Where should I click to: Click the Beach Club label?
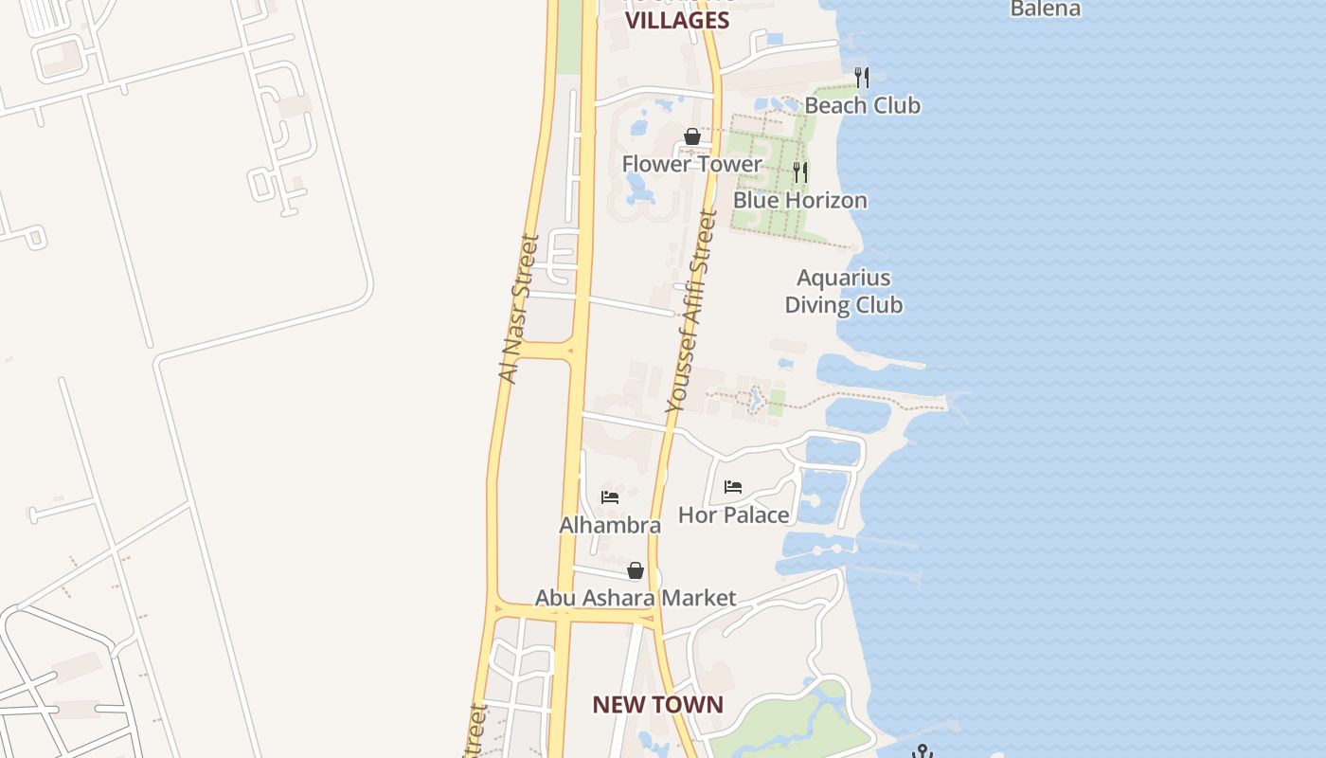pyautogui.click(x=862, y=105)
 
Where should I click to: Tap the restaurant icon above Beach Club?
pyautogui.click(x=861, y=76)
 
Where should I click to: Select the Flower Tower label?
pyautogui.click(x=691, y=164)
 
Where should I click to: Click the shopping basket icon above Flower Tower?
pyautogui.click(x=692, y=136)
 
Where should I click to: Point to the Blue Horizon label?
pyautogui.click(x=799, y=200)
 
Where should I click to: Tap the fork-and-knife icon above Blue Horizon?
pyautogui.click(x=800, y=171)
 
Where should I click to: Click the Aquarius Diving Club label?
pyautogui.click(x=843, y=291)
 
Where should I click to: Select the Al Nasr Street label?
pyautogui.click(x=518, y=309)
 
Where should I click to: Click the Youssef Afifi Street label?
pyautogui.click(x=691, y=313)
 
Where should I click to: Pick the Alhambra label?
pyautogui.click(x=610, y=525)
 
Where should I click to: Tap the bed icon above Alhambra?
pyautogui.click(x=610, y=496)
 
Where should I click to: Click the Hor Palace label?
pyautogui.click(x=733, y=515)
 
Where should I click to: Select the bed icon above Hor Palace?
pyautogui.click(x=733, y=487)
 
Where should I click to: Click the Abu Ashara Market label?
pyautogui.click(x=635, y=598)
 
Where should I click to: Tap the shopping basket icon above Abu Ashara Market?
pyautogui.click(x=636, y=570)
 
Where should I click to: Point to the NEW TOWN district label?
pyautogui.click(x=657, y=705)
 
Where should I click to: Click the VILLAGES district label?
pyautogui.click(x=678, y=21)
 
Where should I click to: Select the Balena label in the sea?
pyautogui.click(x=1045, y=9)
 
